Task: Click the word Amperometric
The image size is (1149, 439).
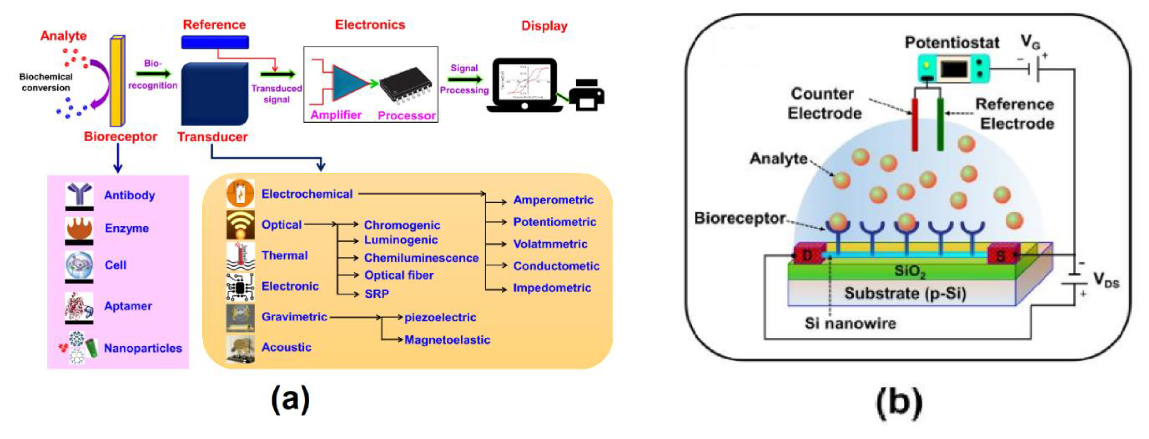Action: pos(553,200)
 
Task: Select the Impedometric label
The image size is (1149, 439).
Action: pos(552,288)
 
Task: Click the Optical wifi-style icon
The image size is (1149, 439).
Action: pos(240,225)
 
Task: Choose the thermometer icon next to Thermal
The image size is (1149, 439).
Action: pos(240,255)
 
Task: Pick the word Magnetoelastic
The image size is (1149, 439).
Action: pos(447,340)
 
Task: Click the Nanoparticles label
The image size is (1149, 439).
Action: pos(143,348)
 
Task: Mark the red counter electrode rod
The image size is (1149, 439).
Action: pos(915,125)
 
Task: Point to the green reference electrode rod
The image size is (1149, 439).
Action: pos(940,125)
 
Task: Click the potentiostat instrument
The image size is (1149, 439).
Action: pos(954,69)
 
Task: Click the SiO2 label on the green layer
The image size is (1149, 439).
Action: pos(910,271)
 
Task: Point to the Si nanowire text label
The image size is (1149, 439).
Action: pos(850,323)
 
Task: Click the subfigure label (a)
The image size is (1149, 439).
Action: pos(290,399)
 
